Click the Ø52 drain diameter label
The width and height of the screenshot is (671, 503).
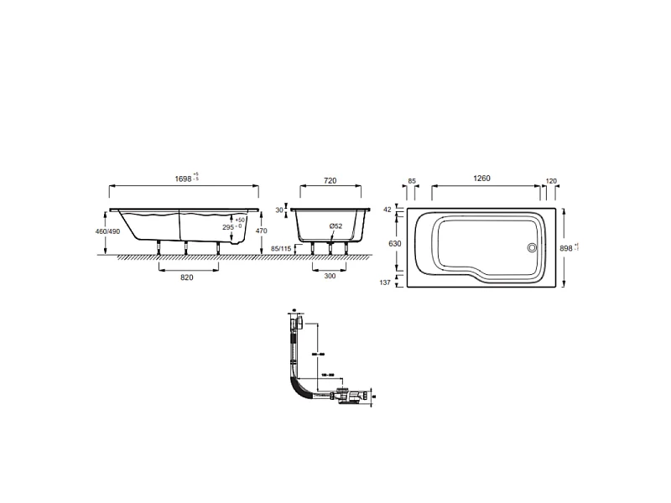click(x=335, y=226)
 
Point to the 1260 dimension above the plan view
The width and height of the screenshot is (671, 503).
click(x=481, y=179)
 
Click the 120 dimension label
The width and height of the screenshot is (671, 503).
click(x=551, y=179)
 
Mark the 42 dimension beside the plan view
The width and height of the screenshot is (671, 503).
click(x=388, y=209)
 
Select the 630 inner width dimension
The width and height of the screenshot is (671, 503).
click(x=394, y=243)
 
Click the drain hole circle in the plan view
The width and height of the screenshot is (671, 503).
click(x=530, y=247)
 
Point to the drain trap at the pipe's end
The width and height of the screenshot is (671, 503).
click(x=352, y=397)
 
